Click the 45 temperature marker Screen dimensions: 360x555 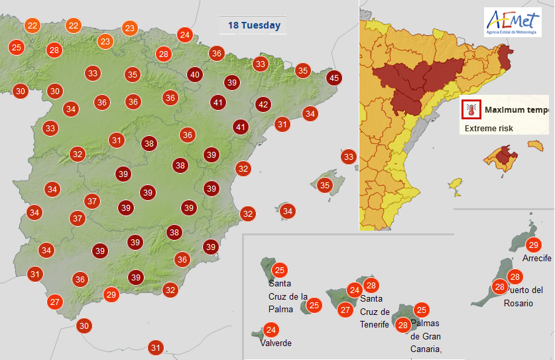click(334, 78)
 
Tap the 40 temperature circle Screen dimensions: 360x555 click(194, 75)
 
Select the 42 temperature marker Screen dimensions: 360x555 click(263, 104)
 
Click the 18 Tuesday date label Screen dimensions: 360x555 click(254, 26)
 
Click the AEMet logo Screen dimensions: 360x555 click(513, 22)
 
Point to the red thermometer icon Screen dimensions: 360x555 click(471, 109)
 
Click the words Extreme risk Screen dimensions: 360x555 click(488, 128)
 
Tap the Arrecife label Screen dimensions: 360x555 click(536, 258)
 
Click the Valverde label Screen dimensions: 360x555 click(276, 343)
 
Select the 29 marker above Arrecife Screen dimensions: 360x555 click(534, 245)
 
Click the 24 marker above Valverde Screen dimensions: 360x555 click(271, 330)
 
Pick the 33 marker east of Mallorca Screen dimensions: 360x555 click(349, 157)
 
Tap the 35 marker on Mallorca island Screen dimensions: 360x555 click(325, 185)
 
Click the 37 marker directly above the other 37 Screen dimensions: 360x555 click(92, 201)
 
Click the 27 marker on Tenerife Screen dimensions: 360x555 click(345, 309)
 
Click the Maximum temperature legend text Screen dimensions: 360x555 click(516, 110)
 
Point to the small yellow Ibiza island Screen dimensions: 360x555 click(454, 184)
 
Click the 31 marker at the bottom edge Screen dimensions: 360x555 click(156, 347)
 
